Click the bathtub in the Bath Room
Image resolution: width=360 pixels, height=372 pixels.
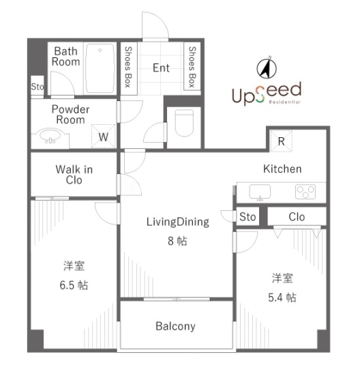(100, 68)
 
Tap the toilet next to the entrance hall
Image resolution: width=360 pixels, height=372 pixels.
(184, 123)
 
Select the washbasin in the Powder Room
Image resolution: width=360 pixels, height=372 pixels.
(50, 137)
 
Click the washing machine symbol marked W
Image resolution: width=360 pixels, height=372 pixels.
(104, 137)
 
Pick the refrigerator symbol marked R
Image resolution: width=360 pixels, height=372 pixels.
(281, 141)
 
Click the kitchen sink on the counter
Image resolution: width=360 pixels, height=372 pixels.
(260, 192)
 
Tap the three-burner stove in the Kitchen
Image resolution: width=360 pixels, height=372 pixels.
(305, 191)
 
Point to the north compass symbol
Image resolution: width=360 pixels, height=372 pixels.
(267, 68)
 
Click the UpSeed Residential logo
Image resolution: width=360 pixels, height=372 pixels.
(267, 94)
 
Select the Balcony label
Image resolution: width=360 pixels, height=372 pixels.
(175, 326)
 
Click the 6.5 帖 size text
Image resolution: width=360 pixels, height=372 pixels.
(74, 285)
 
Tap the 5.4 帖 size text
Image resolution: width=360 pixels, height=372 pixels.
(282, 298)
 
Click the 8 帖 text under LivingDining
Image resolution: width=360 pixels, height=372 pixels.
(177, 241)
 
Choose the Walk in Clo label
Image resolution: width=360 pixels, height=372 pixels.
(74, 175)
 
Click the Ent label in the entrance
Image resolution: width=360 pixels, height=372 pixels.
(161, 68)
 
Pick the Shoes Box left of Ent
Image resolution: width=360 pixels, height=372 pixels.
(128, 67)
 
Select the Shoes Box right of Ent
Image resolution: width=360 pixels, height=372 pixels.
(192, 67)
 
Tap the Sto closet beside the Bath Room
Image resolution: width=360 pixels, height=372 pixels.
(37, 87)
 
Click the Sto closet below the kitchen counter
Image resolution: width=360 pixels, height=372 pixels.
(247, 217)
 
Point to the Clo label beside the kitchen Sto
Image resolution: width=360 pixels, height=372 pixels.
(297, 217)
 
